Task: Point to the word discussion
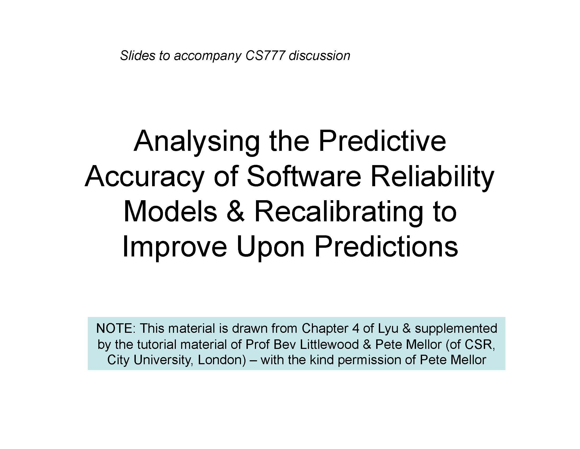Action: (x=320, y=56)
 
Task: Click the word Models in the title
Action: (x=170, y=212)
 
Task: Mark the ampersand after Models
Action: (x=235, y=212)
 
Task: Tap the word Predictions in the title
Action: (x=386, y=247)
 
